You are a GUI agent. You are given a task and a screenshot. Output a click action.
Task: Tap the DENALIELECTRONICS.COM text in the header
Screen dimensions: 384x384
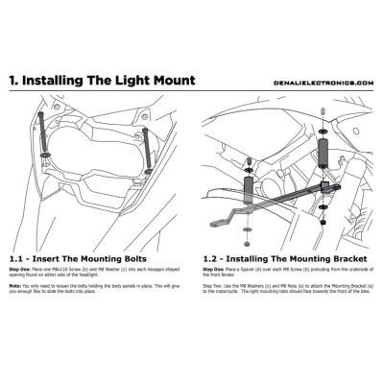[326, 83]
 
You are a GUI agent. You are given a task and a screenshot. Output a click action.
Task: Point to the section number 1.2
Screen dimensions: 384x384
[214, 257]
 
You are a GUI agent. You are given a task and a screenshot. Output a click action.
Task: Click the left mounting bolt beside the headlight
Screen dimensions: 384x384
[44, 130]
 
